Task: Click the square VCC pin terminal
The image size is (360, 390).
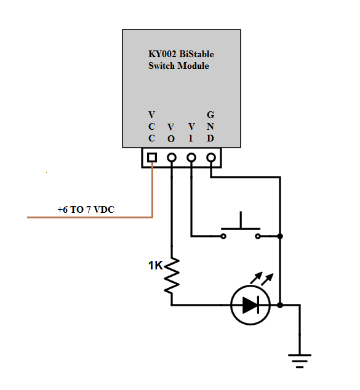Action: click(x=152, y=157)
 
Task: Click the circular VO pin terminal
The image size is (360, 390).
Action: click(x=172, y=157)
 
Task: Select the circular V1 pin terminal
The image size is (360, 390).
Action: click(x=191, y=157)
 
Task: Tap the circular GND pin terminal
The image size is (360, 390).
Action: click(x=211, y=157)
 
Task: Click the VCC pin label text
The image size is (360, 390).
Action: click(x=152, y=127)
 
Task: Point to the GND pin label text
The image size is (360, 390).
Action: click(x=210, y=127)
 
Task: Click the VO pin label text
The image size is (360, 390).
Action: click(x=171, y=132)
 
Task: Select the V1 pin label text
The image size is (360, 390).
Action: click(x=191, y=132)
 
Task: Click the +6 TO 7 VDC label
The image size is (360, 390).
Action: click(x=86, y=210)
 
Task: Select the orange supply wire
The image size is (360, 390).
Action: click(x=92, y=218)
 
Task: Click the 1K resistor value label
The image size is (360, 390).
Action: click(x=155, y=266)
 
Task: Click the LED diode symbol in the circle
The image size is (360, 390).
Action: click(x=249, y=304)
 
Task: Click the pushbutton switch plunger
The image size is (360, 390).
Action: click(x=240, y=222)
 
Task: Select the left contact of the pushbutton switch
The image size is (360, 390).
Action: click(x=222, y=236)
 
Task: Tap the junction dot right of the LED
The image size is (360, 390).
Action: click(x=280, y=304)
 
